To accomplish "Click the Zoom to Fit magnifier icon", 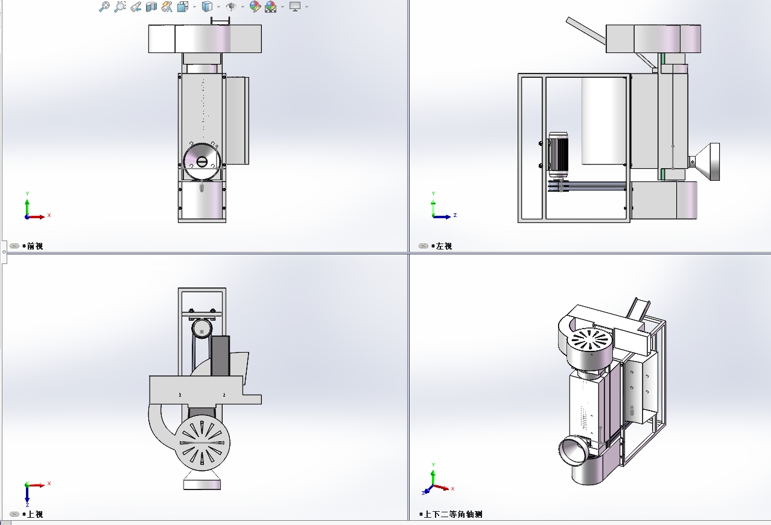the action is (104, 7).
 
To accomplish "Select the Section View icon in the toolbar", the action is (151, 7).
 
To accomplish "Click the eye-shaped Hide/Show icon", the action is (231, 7).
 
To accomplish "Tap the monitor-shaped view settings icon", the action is (295, 7).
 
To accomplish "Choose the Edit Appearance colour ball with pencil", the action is (255, 7).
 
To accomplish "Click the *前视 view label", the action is (33, 246).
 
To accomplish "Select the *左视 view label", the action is (442, 246).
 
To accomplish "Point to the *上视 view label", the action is (33, 514).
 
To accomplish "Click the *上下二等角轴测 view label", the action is (451, 514).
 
